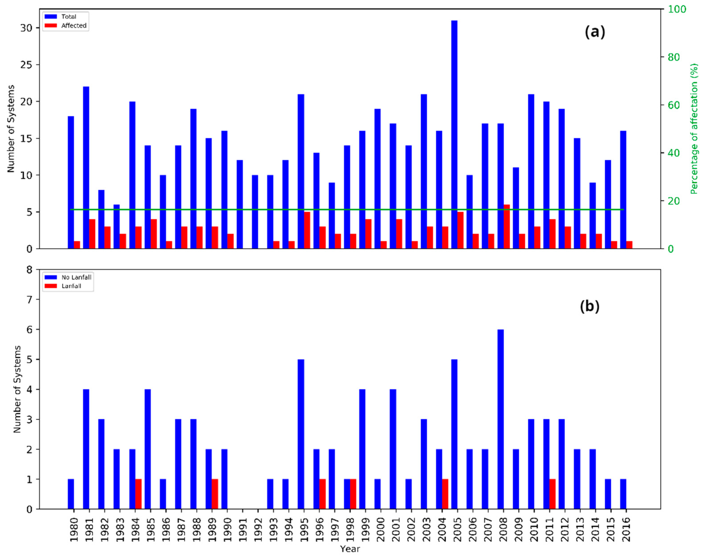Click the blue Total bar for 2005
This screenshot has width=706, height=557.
click(x=454, y=134)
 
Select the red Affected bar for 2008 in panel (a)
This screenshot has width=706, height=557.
click(x=506, y=227)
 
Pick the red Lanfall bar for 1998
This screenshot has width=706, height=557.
click(x=353, y=494)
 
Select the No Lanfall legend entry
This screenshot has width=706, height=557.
click(x=68, y=277)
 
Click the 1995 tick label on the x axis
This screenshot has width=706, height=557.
click(x=304, y=530)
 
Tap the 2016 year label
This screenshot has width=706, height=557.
click(x=626, y=530)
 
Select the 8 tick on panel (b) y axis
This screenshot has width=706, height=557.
click(x=30, y=270)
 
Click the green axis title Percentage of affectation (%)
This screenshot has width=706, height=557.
click(x=694, y=129)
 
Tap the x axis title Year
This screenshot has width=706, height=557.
click(x=350, y=549)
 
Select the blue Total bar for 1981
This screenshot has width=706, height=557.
click(x=86, y=168)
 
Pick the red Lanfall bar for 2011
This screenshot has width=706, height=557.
click(x=552, y=494)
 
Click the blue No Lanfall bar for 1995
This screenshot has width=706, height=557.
click(x=301, y=434)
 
